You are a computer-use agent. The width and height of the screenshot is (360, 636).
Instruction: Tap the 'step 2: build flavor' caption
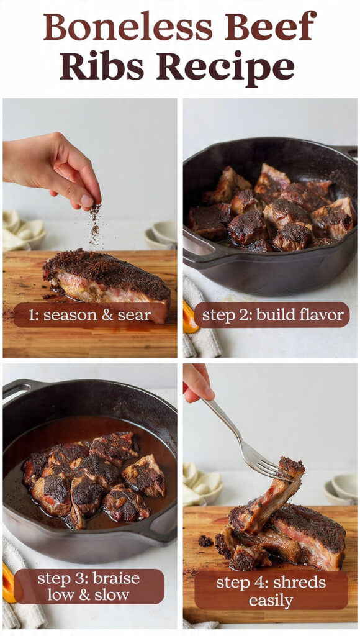click(271, 314)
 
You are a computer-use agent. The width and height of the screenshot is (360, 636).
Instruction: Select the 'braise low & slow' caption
click(89, 586)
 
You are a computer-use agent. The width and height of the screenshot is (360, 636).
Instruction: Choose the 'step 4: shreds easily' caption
click(271, 591)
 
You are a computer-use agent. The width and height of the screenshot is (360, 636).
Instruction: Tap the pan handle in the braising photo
click(19, 391)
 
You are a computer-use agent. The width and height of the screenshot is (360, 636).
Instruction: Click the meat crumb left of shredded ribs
click(205, 540)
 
